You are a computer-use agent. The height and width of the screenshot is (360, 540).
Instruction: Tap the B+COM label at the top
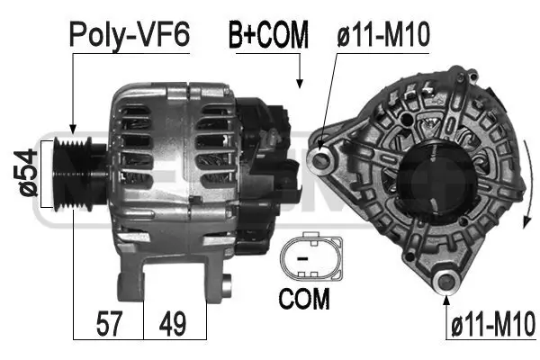tap(267, 36)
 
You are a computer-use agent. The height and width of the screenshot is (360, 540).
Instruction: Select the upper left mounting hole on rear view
tap(319, 160)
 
